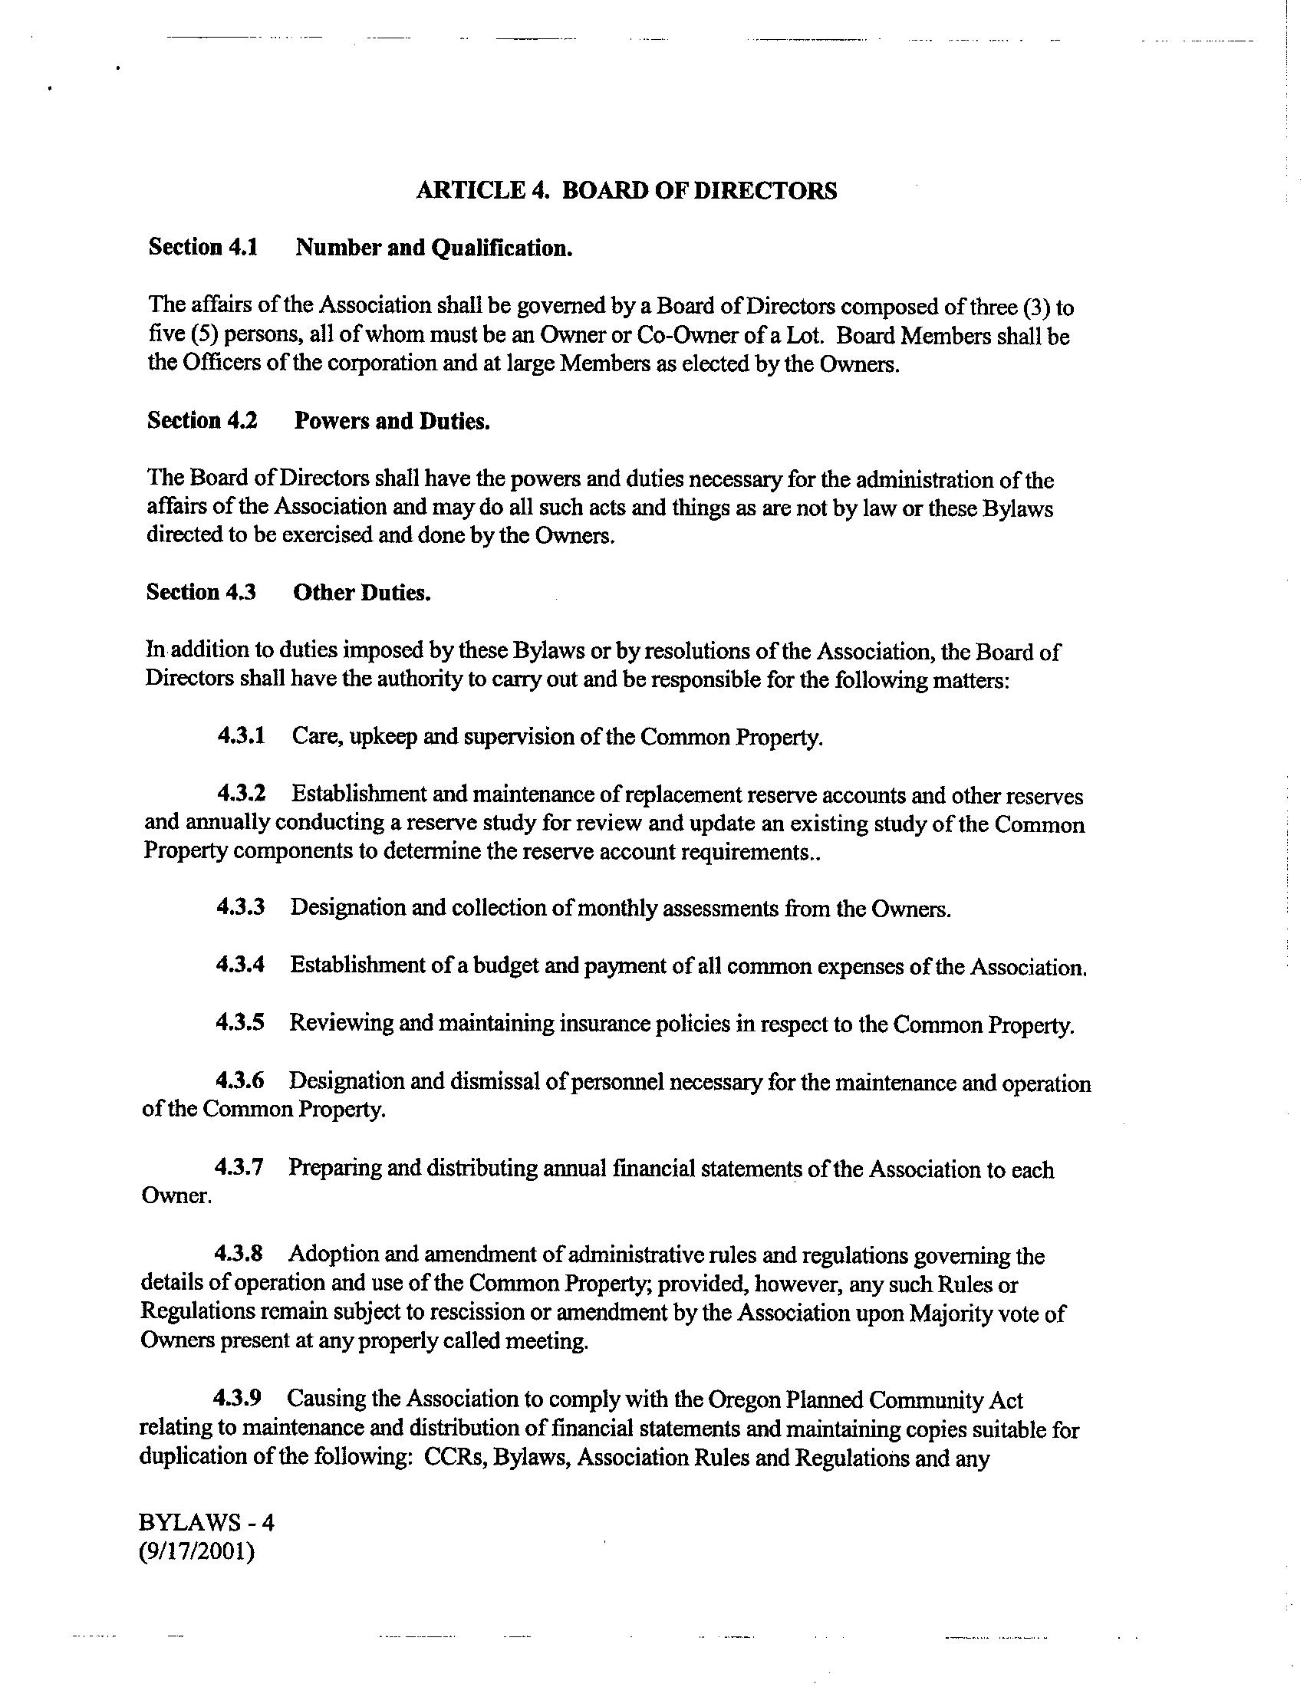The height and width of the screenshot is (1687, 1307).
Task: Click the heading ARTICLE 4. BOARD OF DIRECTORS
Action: click(x=626, y=191)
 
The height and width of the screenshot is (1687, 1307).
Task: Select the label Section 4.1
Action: click(x=203, y=247)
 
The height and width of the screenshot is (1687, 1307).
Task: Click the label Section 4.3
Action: click(x=201, y=593)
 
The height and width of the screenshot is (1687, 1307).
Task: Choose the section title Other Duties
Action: click(x=361, y=594)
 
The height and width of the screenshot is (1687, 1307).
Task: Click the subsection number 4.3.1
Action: click(x=241, y=735)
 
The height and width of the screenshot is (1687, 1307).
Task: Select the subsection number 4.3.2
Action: click(x=241, y=794)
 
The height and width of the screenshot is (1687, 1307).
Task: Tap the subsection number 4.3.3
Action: click(x=240, y=907)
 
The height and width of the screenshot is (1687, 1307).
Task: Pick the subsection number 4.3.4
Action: click(x=240, y=965)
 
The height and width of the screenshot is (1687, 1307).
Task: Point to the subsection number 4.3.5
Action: click(x=239, y=1023)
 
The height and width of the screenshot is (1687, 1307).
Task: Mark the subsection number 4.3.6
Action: click(x=239, y=1080)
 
